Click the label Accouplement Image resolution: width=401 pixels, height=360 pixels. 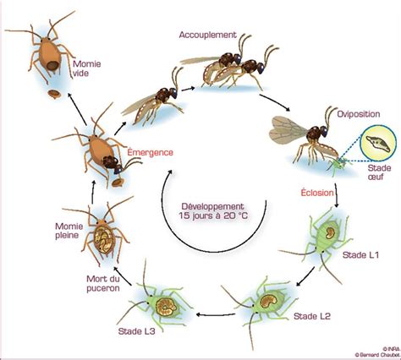[207, 35]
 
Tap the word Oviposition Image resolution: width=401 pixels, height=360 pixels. [359, 114]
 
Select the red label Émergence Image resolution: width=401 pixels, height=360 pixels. [150, 152]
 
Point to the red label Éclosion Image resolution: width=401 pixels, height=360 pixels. [317, 193]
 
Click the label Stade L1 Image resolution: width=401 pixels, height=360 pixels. [360, 255]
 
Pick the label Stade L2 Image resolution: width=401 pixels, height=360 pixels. [312, 316]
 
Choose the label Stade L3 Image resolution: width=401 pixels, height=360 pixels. [137, 331]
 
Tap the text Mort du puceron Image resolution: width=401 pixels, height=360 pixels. [103, 284]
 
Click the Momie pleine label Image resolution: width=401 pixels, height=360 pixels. [69, 231]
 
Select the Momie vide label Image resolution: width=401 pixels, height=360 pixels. [86, 68]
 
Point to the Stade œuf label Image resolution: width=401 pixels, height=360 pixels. [379, 172]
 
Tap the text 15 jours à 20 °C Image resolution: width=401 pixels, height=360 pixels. [213, 215]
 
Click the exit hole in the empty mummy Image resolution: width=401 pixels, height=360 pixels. [52, 66]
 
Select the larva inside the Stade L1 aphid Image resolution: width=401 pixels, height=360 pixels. [329, 233]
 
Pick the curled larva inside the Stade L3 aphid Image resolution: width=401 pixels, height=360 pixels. [166, 307]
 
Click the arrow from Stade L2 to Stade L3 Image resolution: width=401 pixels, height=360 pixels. [216, 314]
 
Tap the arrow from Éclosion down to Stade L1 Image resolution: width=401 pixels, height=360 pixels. [336, 195]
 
